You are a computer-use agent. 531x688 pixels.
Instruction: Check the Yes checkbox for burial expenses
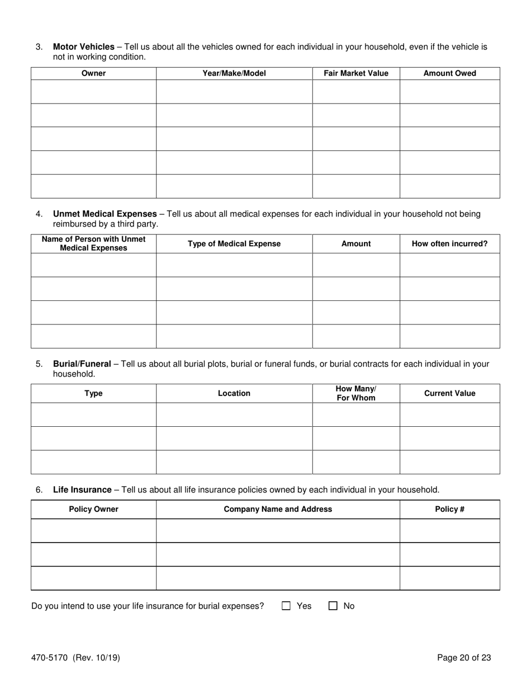287,606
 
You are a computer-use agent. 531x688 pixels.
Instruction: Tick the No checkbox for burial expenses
333,606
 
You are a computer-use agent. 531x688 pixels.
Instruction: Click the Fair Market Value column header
356,73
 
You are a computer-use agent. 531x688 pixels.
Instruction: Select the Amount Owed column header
450,73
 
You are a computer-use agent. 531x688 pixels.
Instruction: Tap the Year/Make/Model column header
234,73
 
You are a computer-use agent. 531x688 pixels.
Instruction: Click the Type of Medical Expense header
234,244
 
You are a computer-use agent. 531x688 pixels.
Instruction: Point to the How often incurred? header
450,244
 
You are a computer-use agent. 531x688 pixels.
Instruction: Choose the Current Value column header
450,393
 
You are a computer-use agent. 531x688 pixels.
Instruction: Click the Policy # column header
450,510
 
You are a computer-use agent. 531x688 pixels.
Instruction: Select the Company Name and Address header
278,510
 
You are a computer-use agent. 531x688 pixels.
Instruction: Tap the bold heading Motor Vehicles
83,47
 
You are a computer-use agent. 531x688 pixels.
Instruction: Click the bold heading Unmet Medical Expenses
105,214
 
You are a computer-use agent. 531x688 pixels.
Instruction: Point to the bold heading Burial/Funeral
82,364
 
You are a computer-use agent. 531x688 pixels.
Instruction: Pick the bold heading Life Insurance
82,490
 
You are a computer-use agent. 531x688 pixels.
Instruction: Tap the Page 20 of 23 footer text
464,658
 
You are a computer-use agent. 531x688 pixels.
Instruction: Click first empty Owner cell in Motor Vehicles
93,92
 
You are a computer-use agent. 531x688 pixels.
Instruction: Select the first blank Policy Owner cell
93,530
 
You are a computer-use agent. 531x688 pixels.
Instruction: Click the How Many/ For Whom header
356,393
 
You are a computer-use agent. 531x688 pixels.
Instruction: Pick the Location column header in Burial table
234,393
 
